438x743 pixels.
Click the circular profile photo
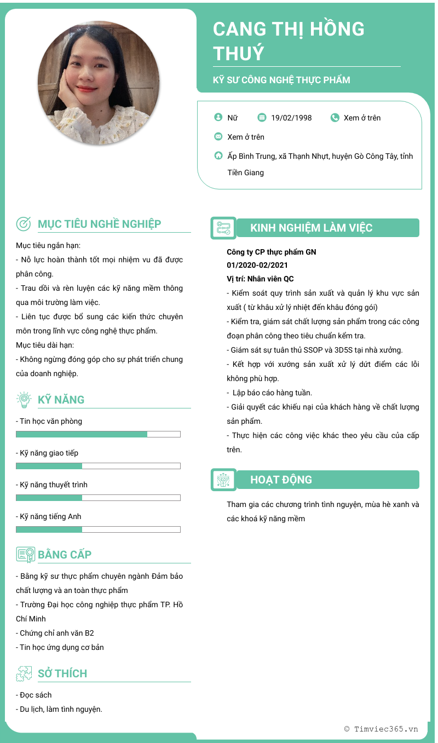[x=99, y=83]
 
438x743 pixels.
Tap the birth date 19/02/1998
[x=291, y=118]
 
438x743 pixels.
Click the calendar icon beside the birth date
[x=262, y=117]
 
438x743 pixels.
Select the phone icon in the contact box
[x=335, y=117]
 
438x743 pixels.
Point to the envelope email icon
[x=218, y=136]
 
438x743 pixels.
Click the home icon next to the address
[x=218, y=155]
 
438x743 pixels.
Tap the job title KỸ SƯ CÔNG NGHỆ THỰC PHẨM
[x=281, y=80]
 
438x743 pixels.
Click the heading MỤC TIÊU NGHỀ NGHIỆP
[x=99, y=224]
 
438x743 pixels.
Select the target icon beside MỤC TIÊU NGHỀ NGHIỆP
[x=24, y=223]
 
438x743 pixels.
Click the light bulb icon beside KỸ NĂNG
[x=24, y=400]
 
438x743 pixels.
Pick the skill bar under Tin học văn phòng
[x=98, y=434]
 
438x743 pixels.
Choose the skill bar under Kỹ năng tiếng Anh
[x=98, y=529]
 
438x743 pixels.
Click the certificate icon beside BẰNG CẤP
[x=25, y=555]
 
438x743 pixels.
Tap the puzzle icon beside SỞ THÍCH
[x=24, y=673]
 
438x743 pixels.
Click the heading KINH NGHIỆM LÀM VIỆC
[x=311, y=228]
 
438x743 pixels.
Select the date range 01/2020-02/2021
[x=257, y=266]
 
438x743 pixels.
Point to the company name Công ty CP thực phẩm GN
[x=272, y=252]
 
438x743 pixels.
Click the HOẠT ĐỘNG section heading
[x=281, y=480]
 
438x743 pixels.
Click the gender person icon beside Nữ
[x=218, y=117]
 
